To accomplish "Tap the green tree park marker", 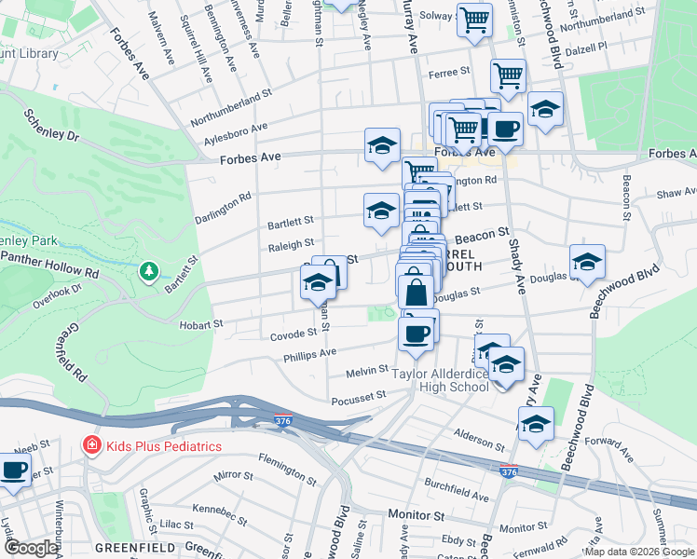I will click(x=147, y=271).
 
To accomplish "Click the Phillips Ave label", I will click(x=310, y=354).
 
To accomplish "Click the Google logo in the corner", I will click(x=31, y=548).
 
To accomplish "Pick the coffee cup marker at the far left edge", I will click(x=13, y=470).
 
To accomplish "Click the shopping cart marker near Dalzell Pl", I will click(x=508, y=76).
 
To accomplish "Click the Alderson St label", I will click(x=479, y=434).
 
